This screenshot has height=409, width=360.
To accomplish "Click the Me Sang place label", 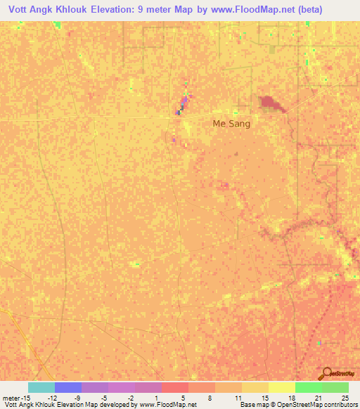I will pos(231,123).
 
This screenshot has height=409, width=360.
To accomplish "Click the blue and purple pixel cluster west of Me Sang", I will pos(183,105).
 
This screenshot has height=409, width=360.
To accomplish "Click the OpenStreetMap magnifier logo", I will pos(327,374).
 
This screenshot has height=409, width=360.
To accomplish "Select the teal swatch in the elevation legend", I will pos(41,387).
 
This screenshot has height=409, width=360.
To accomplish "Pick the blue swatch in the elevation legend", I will pos(67,387).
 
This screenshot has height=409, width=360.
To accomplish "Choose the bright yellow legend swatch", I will pos(281,387).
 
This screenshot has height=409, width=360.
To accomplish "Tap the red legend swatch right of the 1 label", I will pos(174,387).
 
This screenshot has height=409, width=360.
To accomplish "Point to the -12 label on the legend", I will pos(52,396).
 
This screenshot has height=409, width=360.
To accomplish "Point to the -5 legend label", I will pos(104,396).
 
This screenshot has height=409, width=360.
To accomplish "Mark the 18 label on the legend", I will pos(292,396).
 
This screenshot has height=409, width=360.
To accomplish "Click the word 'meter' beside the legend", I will pos(12,396).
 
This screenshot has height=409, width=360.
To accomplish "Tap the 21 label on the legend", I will pos(319,396).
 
